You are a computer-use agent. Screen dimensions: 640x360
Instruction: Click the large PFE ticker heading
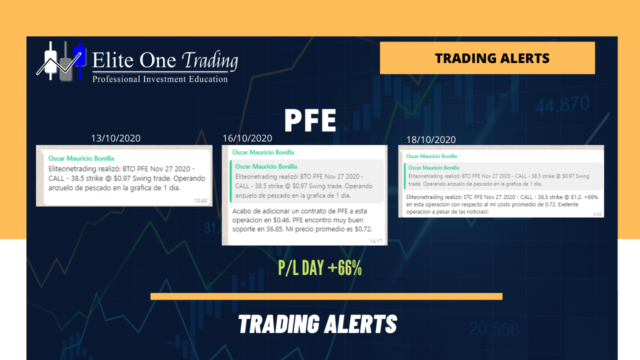310,120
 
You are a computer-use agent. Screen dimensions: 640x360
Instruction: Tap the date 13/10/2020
115,138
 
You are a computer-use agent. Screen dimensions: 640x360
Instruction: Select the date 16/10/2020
247,138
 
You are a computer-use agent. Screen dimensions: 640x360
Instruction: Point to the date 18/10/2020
431,139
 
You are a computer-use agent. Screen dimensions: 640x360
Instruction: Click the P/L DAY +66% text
320,267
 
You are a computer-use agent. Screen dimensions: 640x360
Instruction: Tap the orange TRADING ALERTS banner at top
487,58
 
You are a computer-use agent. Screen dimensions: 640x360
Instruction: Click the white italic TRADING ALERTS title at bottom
317,324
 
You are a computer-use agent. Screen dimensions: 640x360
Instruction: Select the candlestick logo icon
61,61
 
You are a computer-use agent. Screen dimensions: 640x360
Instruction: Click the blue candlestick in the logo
79,60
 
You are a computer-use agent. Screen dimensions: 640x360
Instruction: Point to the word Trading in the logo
210,60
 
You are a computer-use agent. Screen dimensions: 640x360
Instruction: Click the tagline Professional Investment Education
160,79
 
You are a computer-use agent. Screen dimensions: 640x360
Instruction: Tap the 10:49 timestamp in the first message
200,201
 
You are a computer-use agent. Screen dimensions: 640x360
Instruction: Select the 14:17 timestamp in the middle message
375,241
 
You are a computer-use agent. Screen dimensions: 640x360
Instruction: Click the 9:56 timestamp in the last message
597,214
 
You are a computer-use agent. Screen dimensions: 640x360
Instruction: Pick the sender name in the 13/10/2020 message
81,158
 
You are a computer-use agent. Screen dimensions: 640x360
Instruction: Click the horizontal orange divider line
326,296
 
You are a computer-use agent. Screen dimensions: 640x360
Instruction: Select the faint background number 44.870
562,104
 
